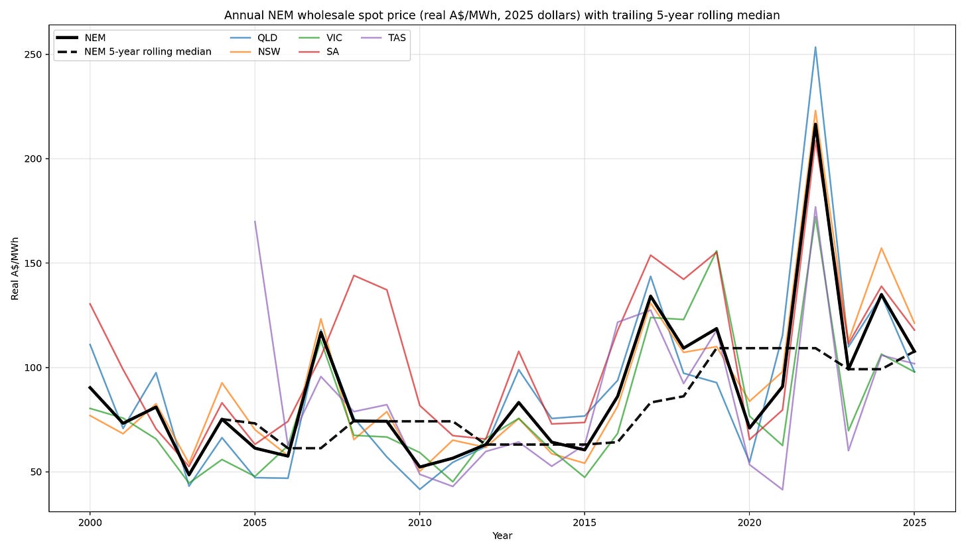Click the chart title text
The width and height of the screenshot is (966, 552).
click(502, 15)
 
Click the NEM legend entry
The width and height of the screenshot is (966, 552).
click(81, 38)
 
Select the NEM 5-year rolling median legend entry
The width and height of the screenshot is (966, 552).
click(135, 52)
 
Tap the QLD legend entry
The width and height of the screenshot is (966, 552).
click(254, 38)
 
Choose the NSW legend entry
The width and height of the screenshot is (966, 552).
click(255, 52)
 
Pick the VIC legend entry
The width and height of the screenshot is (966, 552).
click(320, 38)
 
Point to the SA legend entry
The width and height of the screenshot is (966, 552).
click(318, 52)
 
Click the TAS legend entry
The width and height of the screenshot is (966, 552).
click(383, 38)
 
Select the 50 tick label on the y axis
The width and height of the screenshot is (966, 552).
click(36, 472)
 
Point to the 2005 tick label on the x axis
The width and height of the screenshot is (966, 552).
click(255, 523)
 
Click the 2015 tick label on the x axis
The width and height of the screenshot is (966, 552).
click(585, 523)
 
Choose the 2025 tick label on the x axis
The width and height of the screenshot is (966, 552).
click(914, 523)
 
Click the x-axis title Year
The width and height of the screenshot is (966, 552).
click(502, 536)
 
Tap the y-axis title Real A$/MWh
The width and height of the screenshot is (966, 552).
click(15, 268)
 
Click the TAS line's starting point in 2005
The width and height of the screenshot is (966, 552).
click(255, 221)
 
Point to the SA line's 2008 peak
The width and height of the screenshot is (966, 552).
click(354, 275)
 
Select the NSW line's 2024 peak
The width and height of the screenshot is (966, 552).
click(882, 248)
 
